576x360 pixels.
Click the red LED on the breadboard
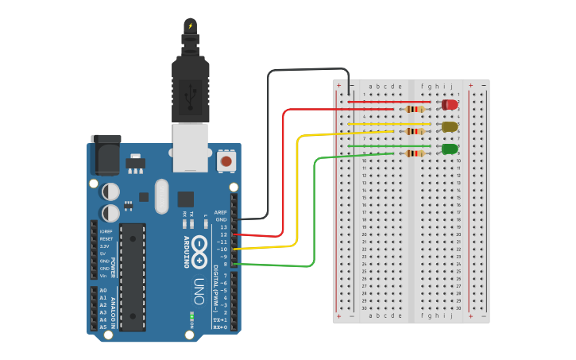pos(450,104)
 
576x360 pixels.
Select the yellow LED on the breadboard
pos(450,126)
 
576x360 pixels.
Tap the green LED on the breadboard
pos(450,149)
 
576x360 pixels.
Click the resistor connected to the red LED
pos(414,109)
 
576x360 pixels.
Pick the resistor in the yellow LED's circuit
pos(414,131)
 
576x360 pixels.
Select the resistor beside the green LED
pos(414,153)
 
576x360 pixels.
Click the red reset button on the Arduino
pos(226,161)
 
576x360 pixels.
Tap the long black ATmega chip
pos(133,277)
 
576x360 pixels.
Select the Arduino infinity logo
pos(199,250)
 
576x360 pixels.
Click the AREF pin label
pos(221,213)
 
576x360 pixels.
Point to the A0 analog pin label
pos(102,291)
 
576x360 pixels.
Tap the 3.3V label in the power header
pos(103,246)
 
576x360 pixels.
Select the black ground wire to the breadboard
pos(269,143)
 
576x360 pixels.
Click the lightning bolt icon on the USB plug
pos(190,25)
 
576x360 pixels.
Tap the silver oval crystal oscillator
pos(162,195)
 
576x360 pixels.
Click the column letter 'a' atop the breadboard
pos(370,86)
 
